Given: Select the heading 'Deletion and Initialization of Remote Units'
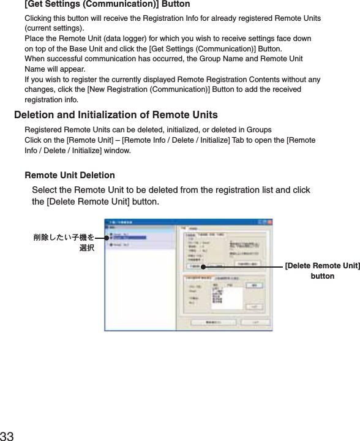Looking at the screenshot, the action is (x=115, y=115).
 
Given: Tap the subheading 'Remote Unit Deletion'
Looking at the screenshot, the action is (x=69, y=176).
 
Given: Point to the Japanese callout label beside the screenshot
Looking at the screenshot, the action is (x=64, y=242).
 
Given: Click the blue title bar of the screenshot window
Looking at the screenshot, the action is (x=184, y=224).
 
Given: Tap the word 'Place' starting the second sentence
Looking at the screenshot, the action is (x=34, y=39).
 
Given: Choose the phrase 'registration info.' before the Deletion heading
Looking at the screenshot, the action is (x=51, y=99).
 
